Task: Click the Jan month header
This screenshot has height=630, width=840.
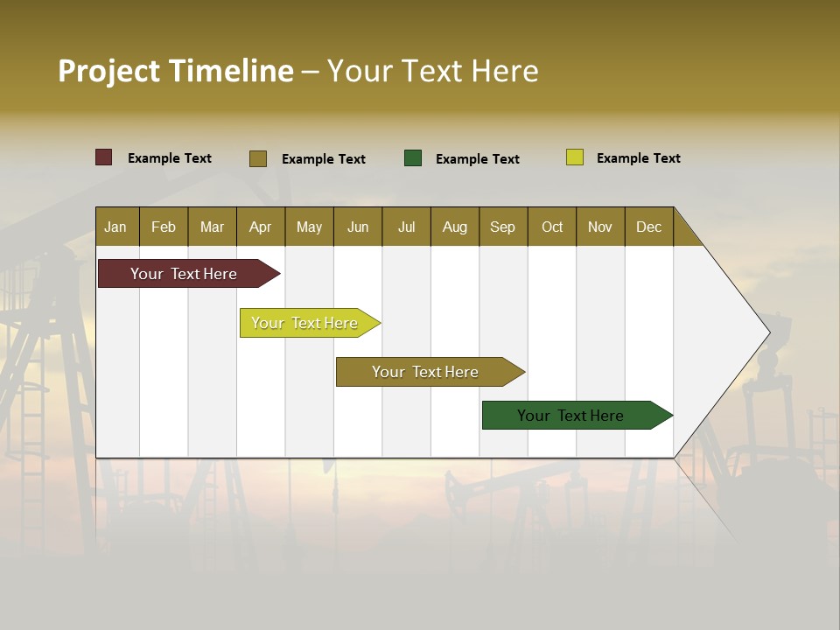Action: click(x=116, y=227)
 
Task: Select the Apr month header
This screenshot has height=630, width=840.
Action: click(x=261, y=227)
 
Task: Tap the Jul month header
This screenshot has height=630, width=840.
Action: click(x=406, y=227)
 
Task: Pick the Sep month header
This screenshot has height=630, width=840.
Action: click(x=502, y=227)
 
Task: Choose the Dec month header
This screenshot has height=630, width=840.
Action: click(x=648, y=227)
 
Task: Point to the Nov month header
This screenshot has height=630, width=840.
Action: click(x=600, y=227)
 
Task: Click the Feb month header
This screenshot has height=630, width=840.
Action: click(x=164, y=227)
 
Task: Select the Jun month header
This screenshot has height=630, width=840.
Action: click(x=358, y=227)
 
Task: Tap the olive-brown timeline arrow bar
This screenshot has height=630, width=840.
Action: click(x=426, y=372)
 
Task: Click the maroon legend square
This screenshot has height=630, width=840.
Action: click(x=104, y=157)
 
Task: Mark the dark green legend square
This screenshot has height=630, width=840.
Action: click(x=413, y=158)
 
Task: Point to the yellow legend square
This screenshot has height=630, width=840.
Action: click(x=575, y=157)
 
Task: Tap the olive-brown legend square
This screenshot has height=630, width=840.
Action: click(x=258, y=158)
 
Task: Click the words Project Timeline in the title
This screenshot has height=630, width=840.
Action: click(x=176, y=71)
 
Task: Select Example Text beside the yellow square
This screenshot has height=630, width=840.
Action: click(x=638, y=158)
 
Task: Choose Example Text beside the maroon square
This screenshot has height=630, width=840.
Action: click(x=170, y=158)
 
